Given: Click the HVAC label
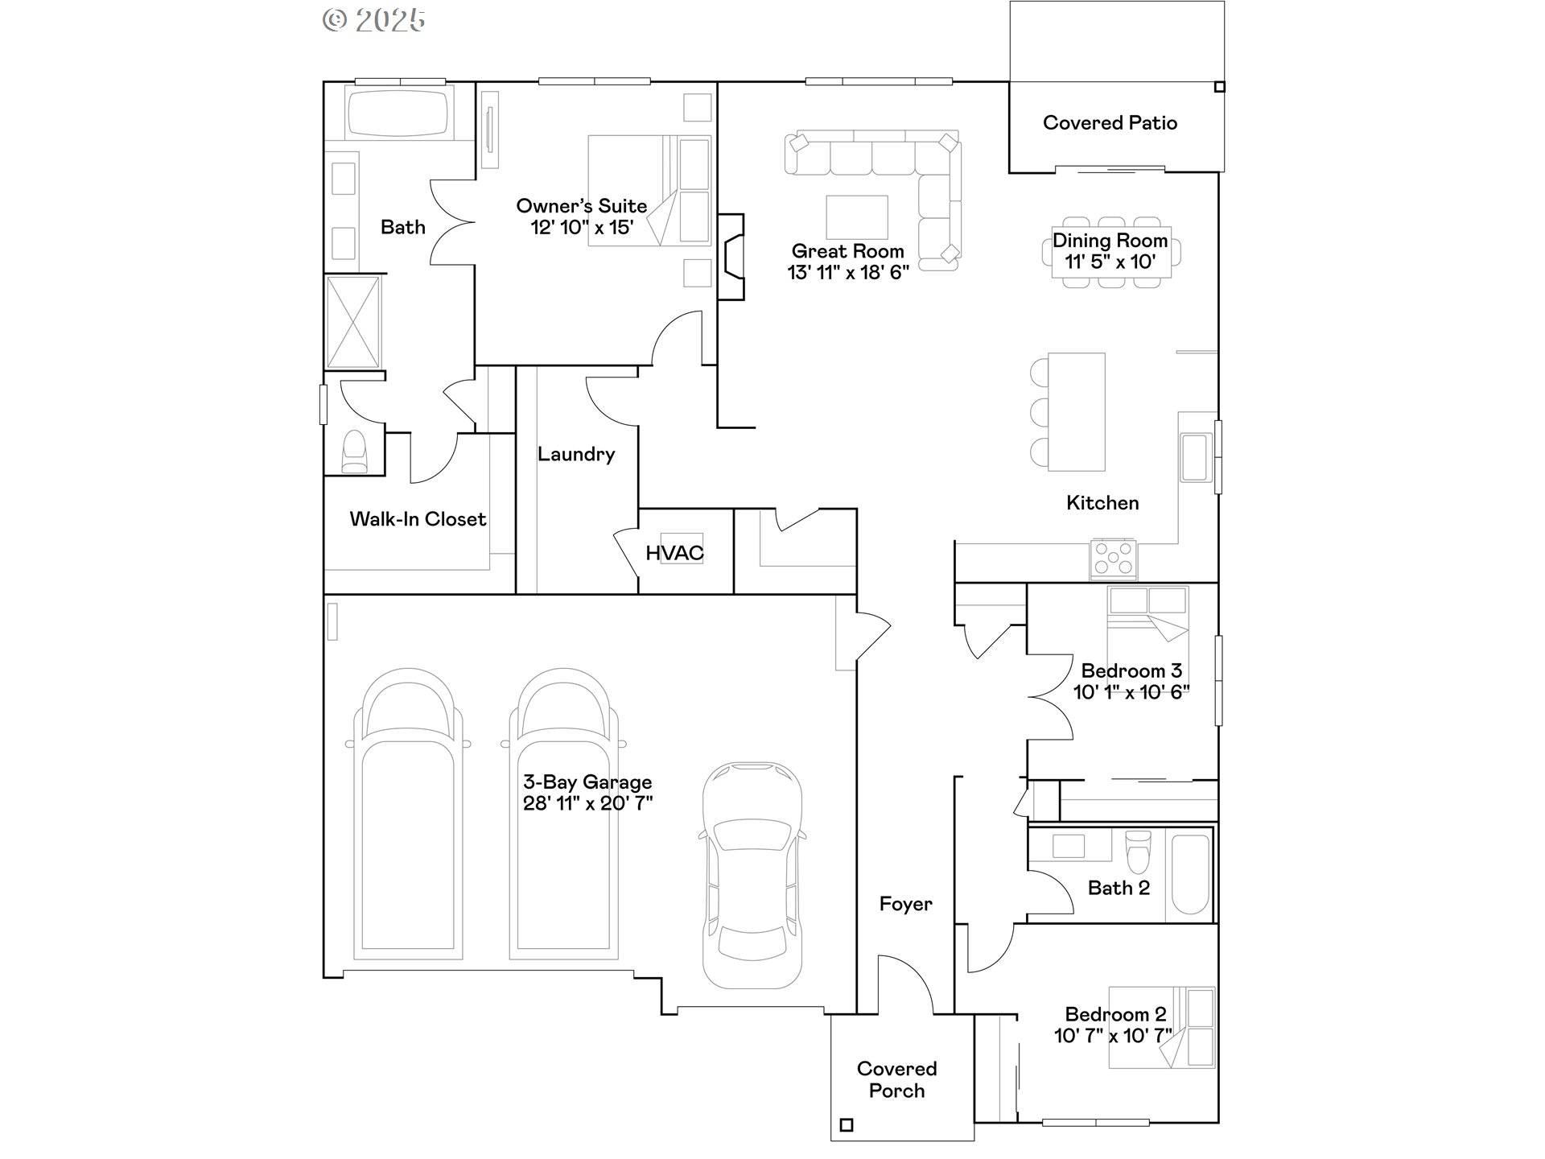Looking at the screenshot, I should pos(674,553).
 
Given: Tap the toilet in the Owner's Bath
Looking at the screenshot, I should pos(354,452).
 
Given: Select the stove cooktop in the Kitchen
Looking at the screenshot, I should pos(1114,558).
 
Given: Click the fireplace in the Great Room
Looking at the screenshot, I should pos(731,257).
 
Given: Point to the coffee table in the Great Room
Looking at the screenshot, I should pos(856,217).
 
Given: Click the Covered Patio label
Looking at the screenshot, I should pos(1110,123).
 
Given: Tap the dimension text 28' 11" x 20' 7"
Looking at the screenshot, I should pos(587,803).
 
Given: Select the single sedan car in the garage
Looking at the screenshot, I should pos(752,875).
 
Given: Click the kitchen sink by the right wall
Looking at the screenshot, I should pos(1195,457).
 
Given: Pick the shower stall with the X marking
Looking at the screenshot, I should pos(353,322).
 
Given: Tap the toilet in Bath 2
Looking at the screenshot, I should pos(1138,852).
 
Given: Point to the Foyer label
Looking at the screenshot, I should pos(905,905).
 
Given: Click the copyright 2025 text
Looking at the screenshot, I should pos(374,19).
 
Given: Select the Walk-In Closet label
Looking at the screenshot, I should pos(418,519).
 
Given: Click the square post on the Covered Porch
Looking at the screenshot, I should pos(846,1125).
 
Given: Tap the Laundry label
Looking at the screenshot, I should pos(576,454).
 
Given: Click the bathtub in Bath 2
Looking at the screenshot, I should pos(1190,874).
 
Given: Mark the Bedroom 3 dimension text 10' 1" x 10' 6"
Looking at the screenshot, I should pos(1131,692).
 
